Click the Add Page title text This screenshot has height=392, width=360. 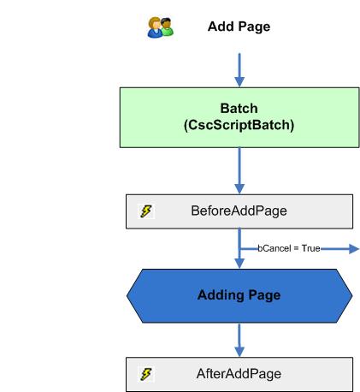click(239, 27)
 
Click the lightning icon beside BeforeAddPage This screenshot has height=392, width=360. click(146, 211)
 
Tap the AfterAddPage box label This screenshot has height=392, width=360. click(239, 373)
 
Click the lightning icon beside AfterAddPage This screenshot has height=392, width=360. click(146, 373)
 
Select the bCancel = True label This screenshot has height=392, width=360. click(288, 248)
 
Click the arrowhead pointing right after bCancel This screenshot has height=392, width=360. click(352, 248)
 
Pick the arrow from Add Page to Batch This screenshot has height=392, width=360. click(239, 68)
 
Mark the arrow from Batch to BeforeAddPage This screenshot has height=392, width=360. click(239, 169)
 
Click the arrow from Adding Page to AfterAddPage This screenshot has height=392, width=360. click(239, 340)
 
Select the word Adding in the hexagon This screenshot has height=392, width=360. click(218, 295)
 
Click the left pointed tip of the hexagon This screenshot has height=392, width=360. click(128, 295)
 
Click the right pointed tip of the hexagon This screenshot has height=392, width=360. click(351, 295)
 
